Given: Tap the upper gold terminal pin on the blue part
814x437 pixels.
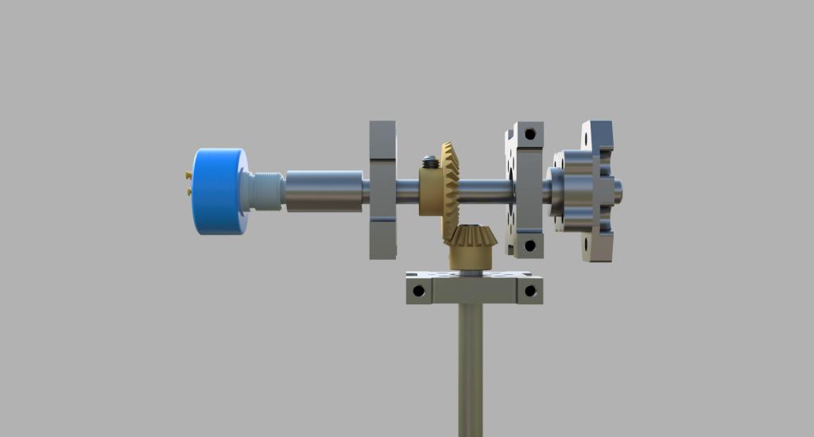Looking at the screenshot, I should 187,174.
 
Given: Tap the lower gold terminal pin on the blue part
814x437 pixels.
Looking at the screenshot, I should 188,191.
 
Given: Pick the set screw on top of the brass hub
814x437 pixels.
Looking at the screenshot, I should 430,162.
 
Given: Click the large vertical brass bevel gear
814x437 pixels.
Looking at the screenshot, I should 451,191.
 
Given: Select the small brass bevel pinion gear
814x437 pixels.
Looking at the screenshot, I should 471,237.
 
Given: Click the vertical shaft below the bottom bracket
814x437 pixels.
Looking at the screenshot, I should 470,365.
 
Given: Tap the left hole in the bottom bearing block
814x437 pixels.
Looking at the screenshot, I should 420,291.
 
